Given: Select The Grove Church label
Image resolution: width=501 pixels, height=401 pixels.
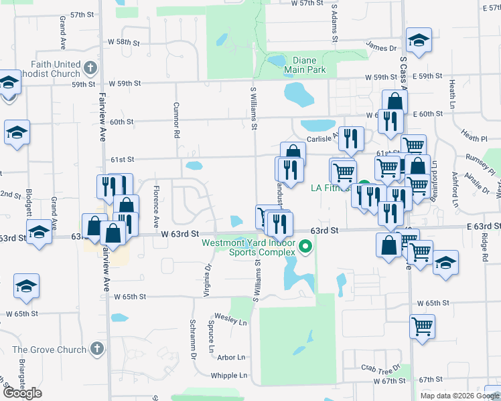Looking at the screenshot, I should [x=49, y=350].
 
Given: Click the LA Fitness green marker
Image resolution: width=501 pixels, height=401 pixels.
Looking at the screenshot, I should [x=364, y=188].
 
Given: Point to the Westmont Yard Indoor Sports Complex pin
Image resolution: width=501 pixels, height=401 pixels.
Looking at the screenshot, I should [x=306, y=247].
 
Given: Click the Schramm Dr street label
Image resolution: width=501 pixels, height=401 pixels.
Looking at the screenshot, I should [x=192, y=334].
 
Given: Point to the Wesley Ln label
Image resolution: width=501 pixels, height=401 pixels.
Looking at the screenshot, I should [x=230, y=320].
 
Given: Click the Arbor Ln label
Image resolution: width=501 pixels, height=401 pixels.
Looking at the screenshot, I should [x=230, y=358].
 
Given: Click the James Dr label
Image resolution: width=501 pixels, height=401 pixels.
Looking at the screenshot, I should [x=381, y=47].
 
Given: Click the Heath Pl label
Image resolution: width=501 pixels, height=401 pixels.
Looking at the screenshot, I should [x=474, y=138].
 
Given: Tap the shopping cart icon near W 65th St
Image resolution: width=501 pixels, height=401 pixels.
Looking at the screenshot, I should [x=423, y=327].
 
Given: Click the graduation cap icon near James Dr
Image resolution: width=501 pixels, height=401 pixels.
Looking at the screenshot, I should [x=419, y=41].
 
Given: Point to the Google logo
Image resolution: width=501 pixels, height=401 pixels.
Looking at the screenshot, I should [x=22, y=393].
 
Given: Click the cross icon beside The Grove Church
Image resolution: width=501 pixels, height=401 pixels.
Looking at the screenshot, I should [x=97, y=349].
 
